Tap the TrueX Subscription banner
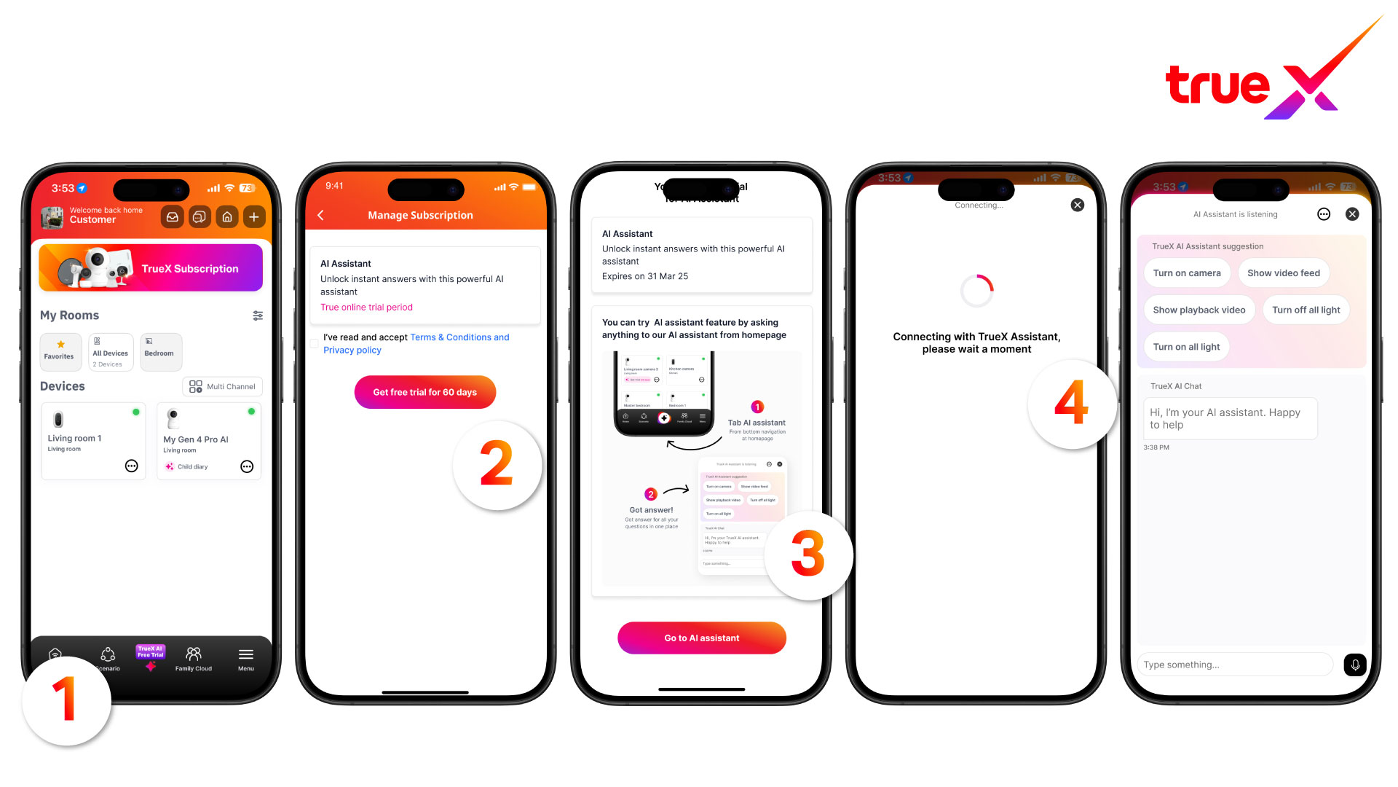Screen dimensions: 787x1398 151,268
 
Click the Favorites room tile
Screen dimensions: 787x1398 60,351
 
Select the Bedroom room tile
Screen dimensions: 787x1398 159,351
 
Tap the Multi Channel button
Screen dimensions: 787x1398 222,386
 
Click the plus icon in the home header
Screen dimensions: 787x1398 253,216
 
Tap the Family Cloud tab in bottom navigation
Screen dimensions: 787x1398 194,658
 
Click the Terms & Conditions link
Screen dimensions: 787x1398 459,337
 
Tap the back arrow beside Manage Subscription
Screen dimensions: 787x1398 320,215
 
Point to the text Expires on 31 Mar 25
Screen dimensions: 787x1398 645,276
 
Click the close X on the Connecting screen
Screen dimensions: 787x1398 1078,205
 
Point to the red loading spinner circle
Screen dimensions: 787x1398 976,291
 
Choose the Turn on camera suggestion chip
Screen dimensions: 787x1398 1187,273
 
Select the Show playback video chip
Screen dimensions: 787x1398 1198,310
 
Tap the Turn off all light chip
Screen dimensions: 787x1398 1306,310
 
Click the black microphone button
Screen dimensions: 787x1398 1355,665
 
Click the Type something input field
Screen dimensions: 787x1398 1234,665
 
